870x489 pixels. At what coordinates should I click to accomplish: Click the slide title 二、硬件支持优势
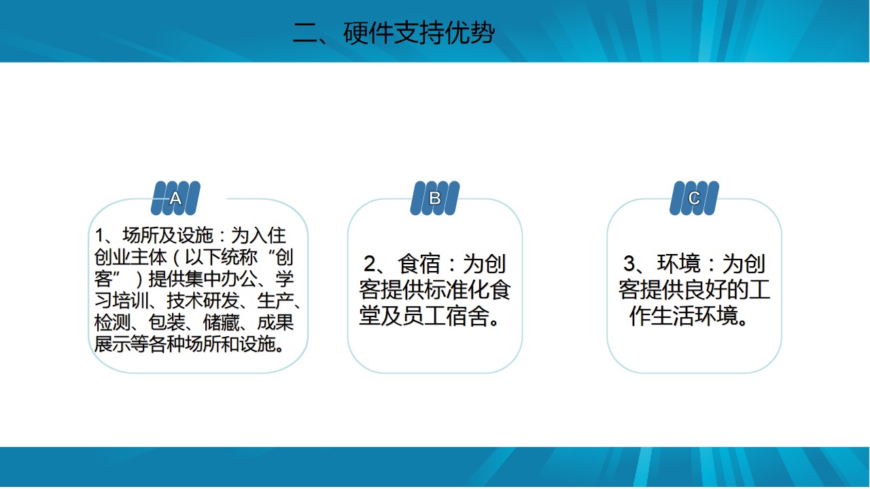click(394, 33)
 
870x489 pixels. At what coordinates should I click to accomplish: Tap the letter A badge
click(175, 198)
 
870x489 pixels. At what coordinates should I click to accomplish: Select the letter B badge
click(435, 198)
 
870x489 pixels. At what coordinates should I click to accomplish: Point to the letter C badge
click(695, 198)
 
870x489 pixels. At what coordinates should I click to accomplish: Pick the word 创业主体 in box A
click(130, 257)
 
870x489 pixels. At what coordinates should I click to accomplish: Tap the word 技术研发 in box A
click(203, 300)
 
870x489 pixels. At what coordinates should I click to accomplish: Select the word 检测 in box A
click(112, 322)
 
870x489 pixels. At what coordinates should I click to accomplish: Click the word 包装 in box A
click(167, 322)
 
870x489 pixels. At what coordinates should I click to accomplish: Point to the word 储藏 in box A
click(221, 322)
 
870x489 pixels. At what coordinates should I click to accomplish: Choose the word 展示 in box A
click(112, 344)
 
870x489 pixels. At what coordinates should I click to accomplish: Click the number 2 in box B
click(369, 264)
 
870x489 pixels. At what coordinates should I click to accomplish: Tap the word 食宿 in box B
click(419, 264)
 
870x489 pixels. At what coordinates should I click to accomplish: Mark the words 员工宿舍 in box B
click(446, 316)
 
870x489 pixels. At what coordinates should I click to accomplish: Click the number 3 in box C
click(629, 264)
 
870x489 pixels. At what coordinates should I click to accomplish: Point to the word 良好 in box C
click(706, 290)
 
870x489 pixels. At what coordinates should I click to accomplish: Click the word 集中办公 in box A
click(221, 278)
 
